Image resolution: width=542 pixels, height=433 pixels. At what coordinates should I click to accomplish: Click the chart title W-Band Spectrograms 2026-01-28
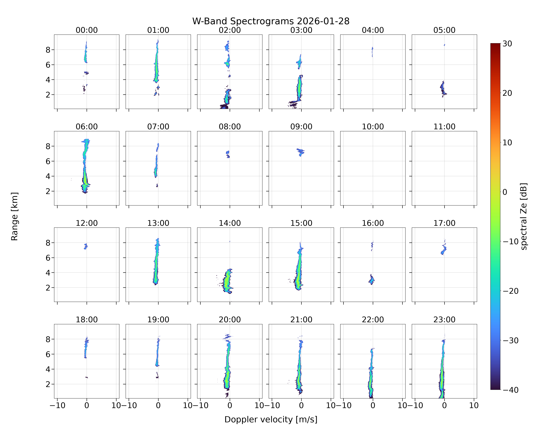[271, 21]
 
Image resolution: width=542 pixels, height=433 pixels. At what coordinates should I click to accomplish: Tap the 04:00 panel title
[373, 30]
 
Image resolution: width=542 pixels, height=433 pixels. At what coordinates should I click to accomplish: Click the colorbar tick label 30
[507, 44]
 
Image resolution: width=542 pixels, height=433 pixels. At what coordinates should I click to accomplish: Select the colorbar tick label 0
[505, 192]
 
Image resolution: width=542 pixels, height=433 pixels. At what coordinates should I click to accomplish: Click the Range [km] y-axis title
[15, 216]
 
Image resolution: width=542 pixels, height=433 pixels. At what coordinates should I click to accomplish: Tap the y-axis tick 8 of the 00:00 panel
[48, 50]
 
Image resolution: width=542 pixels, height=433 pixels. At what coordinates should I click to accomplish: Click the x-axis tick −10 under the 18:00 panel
[57, 405]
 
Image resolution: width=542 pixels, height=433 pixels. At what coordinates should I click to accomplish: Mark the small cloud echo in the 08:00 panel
[228, 154]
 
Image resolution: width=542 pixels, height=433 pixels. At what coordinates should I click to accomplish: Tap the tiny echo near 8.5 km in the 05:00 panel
[444, 45]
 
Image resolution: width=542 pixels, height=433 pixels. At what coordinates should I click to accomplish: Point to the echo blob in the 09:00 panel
[300, 152]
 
